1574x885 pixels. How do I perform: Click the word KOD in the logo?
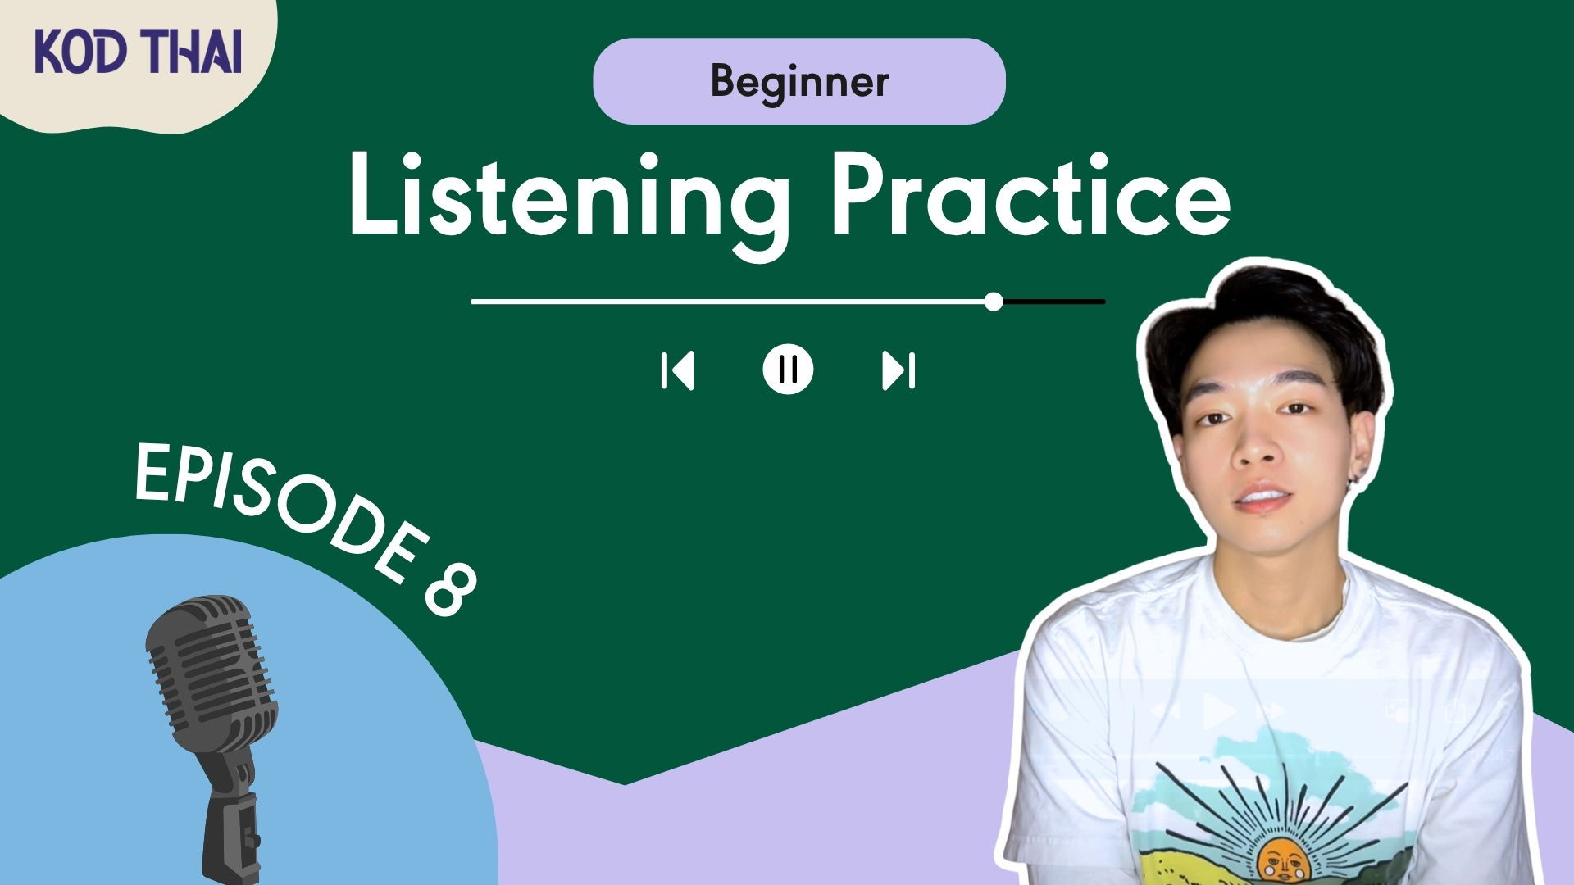click(x=80, y=52)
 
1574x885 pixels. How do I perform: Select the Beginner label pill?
click(x=799, y=81)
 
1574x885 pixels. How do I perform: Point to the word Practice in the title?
click(x=1030, y=195)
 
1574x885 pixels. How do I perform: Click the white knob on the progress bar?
click(x=994, y=302)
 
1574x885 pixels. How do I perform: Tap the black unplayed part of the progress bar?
click(x=1054, y=302)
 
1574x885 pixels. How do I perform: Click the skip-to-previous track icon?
click(x=677, y=370)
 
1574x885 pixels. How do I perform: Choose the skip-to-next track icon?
click(x=898, y=370)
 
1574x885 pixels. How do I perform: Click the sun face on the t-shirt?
click(x=1281, y=860)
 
